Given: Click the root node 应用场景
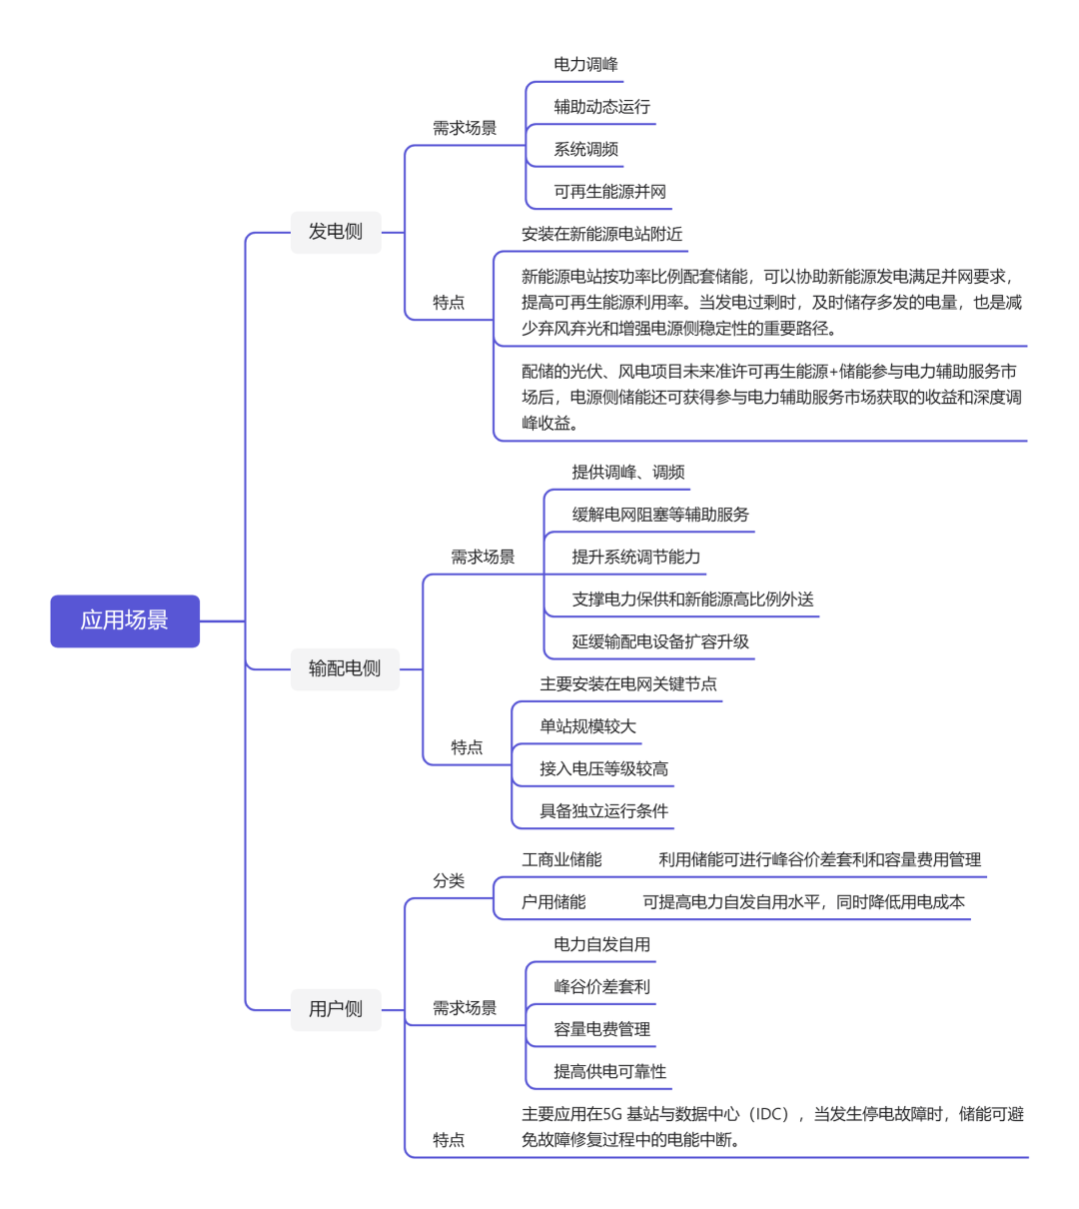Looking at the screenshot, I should pyautogui.click(x=125, y=620).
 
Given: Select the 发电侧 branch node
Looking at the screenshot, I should pyautogui.click(x=336, y=232).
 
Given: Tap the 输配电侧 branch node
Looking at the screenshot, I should pyautogui.click(x=345, y=668).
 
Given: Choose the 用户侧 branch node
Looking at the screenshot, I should pyautogui.click(x=336, y=1009).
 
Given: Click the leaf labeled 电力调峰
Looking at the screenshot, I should pyautogui.click(x=585, y=65).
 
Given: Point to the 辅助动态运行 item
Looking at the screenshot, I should pyautogui.click(x=601, y=107).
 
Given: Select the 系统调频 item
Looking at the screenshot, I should pyautogui.click(x=585, y=150).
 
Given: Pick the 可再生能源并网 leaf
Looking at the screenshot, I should pyautogui.click(x=609, y=192).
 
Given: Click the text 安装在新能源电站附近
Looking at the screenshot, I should pyautogui.click(x=601, y=234).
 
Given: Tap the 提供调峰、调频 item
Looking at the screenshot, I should pyautogui.click(x=627, y=473).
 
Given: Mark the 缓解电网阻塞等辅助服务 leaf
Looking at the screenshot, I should pyautogui.click(x=659, y=515).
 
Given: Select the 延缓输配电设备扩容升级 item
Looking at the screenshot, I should pyautogui.click(x=659, y=641).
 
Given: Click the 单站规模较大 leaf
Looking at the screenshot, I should pyautogui.click(x=587, y=726).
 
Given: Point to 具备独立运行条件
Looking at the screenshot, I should pyautogui.click(x=603, y=811).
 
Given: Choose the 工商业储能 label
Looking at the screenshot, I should pyautogui.click(x=561, y=860).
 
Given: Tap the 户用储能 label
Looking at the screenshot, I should pyautogui.click(x=553, y=902).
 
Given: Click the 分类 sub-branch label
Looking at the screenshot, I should pyautogui.click(x=449, y=881).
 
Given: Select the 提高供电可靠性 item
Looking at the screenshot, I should pyautogui.click(x=609, y=1072).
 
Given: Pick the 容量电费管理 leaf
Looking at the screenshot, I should pyautogui.click(x=601, y=1029).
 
